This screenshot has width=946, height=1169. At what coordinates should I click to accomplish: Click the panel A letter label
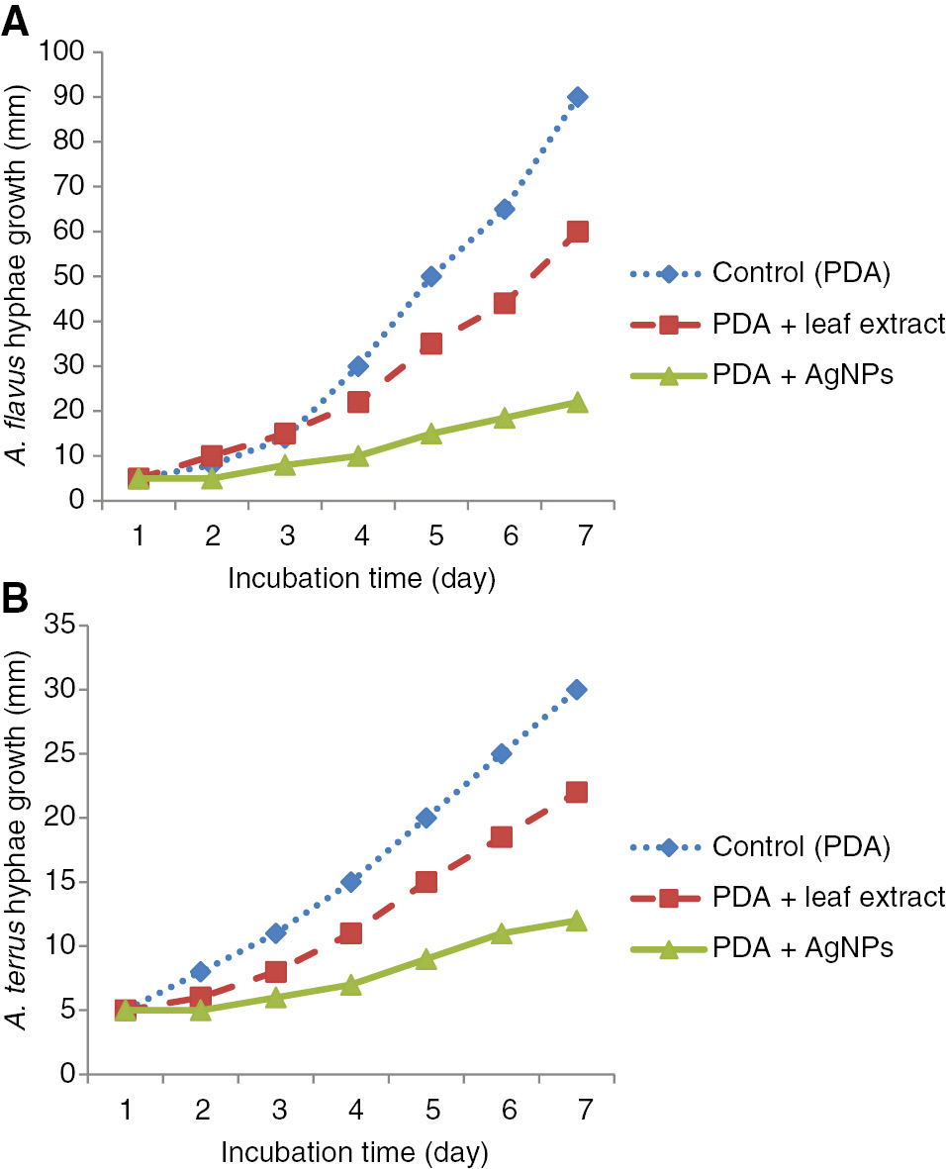click(x=15, y=20)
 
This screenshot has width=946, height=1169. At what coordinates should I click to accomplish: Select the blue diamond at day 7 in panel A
click(x=577, y=97)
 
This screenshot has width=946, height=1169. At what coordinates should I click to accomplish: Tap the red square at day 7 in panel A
click(x=577, y=232)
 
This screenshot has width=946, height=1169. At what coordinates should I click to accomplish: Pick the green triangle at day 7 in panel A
click(x=577, y=403)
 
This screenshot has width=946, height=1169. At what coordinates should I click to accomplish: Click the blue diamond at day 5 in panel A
click(x=430, y=276)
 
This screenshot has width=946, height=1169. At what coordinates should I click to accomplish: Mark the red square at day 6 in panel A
click(x=504, y=303)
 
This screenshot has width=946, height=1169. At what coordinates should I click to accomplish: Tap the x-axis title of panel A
click(x=361, y=578)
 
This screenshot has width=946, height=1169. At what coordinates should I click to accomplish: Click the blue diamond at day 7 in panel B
click(x=576, y=690)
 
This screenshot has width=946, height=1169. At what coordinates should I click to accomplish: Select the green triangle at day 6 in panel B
click(x=502, y=933)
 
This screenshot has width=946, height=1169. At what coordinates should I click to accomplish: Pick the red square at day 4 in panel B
click(x=350, y=933)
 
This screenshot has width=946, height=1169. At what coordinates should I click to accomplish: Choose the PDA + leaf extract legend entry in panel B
click(x=787, y=898)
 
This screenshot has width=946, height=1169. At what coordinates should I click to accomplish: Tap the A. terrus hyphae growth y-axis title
click(x=22, y=849)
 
